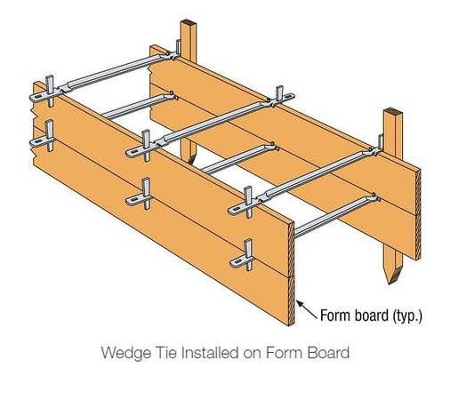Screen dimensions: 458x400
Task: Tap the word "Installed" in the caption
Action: tap(210, 352)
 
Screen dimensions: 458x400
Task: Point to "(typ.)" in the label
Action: tap(407, 316)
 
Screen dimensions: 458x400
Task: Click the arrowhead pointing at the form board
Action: tap(300, 304)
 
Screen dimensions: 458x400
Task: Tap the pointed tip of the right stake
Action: tap(390, 284)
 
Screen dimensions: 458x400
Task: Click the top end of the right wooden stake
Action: tap(393, 113)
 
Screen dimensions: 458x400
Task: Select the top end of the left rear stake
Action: tap(189, 23)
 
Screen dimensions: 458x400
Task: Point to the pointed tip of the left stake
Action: tap(189, 162)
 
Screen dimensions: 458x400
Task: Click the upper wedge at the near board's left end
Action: tap(50, 91)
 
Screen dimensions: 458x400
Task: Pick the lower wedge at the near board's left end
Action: tap(50, 135)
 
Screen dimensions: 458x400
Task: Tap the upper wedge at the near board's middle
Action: tap(146, 145)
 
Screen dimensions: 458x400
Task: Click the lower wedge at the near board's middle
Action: tap(146, 194)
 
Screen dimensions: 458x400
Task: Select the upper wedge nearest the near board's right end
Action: tap(248, 202)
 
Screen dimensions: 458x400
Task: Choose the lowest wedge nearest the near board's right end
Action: tap(248, 255)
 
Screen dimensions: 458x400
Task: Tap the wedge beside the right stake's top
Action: tap(381, 143)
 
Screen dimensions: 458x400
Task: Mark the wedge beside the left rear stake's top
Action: tap(178, 47)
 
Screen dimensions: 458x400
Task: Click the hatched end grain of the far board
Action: tap(418, 215)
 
